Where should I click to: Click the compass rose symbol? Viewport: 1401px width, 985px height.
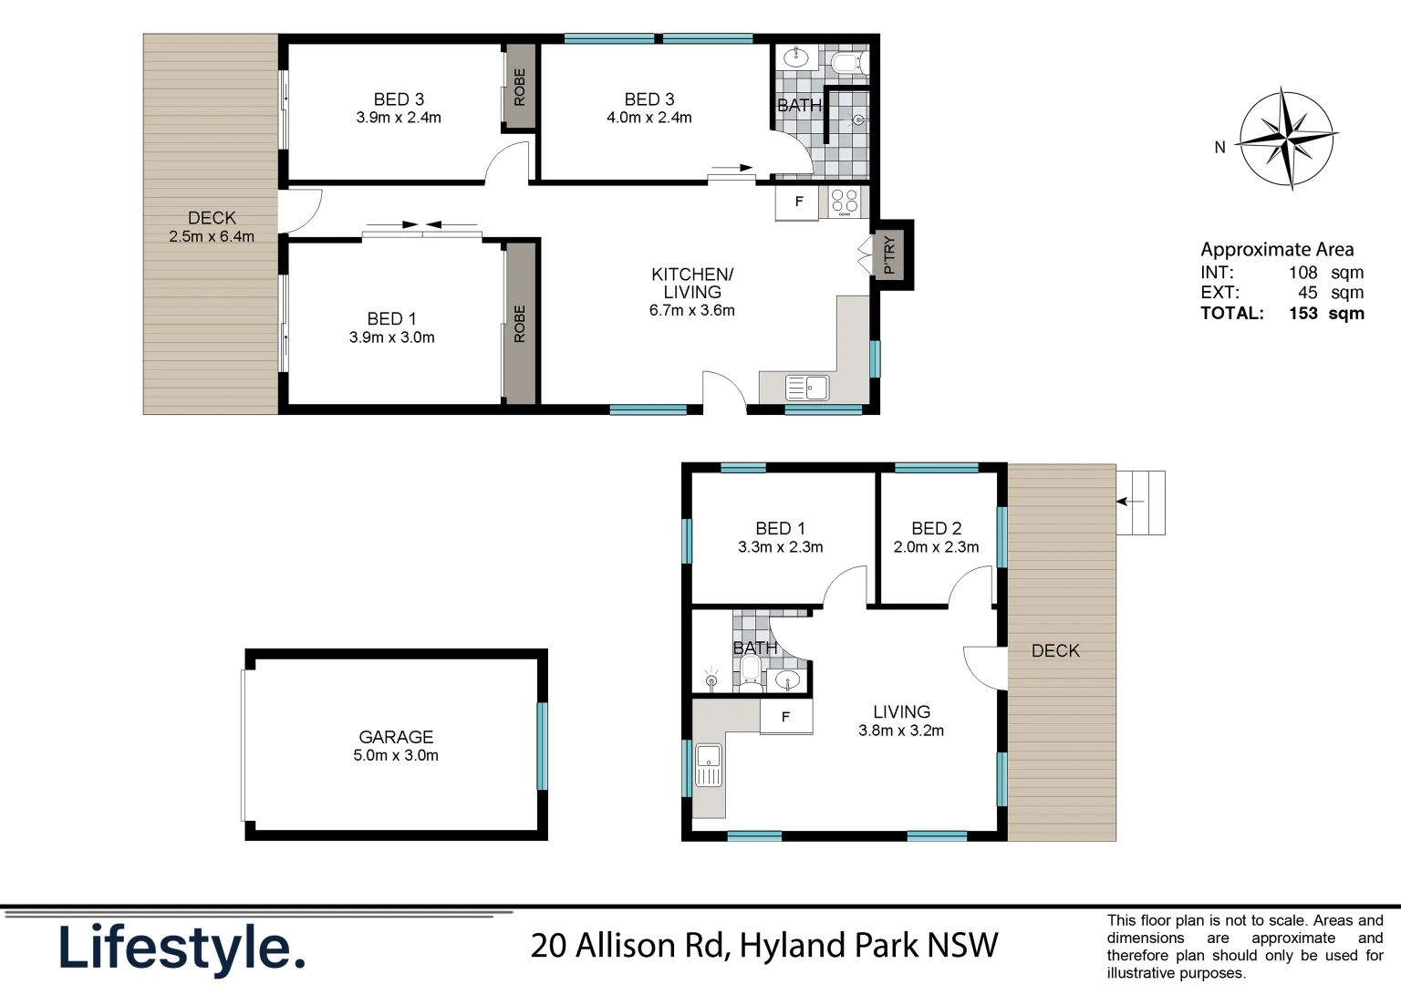pos(1287,139)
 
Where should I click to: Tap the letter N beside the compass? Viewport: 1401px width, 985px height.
pos(1219,147)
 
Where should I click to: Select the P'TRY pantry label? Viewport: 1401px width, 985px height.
pos(890,255)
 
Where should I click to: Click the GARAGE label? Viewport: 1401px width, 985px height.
pos(396,737)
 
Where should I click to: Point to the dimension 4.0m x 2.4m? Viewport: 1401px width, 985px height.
pos(649,118)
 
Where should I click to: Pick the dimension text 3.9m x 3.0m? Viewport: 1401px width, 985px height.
pos(391,337)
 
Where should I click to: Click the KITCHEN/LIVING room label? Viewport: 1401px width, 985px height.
pos(691,283)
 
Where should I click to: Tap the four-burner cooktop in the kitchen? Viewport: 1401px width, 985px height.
pos(845,202)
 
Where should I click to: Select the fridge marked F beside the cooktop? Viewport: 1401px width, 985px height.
pos(798,202)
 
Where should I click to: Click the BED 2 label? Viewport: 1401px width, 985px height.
pos(936,529)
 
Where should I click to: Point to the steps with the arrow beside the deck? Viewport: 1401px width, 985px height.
pos(1140,503)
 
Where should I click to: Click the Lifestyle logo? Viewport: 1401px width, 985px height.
pos(182,949)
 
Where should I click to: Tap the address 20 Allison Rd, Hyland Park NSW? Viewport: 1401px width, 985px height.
pos(764,946)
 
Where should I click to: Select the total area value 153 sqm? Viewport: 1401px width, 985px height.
pos(1326,314)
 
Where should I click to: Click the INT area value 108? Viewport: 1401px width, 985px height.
pos(1302,273)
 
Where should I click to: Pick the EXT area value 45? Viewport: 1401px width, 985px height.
pos(1307,293)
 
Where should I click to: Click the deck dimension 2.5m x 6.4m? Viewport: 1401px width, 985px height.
pos(212,237)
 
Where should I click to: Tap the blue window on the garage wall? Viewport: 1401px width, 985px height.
pos(542,745)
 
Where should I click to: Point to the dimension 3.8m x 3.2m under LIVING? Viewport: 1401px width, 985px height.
pos(900,731)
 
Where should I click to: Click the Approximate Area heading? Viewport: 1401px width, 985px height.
pos(1277,250)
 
